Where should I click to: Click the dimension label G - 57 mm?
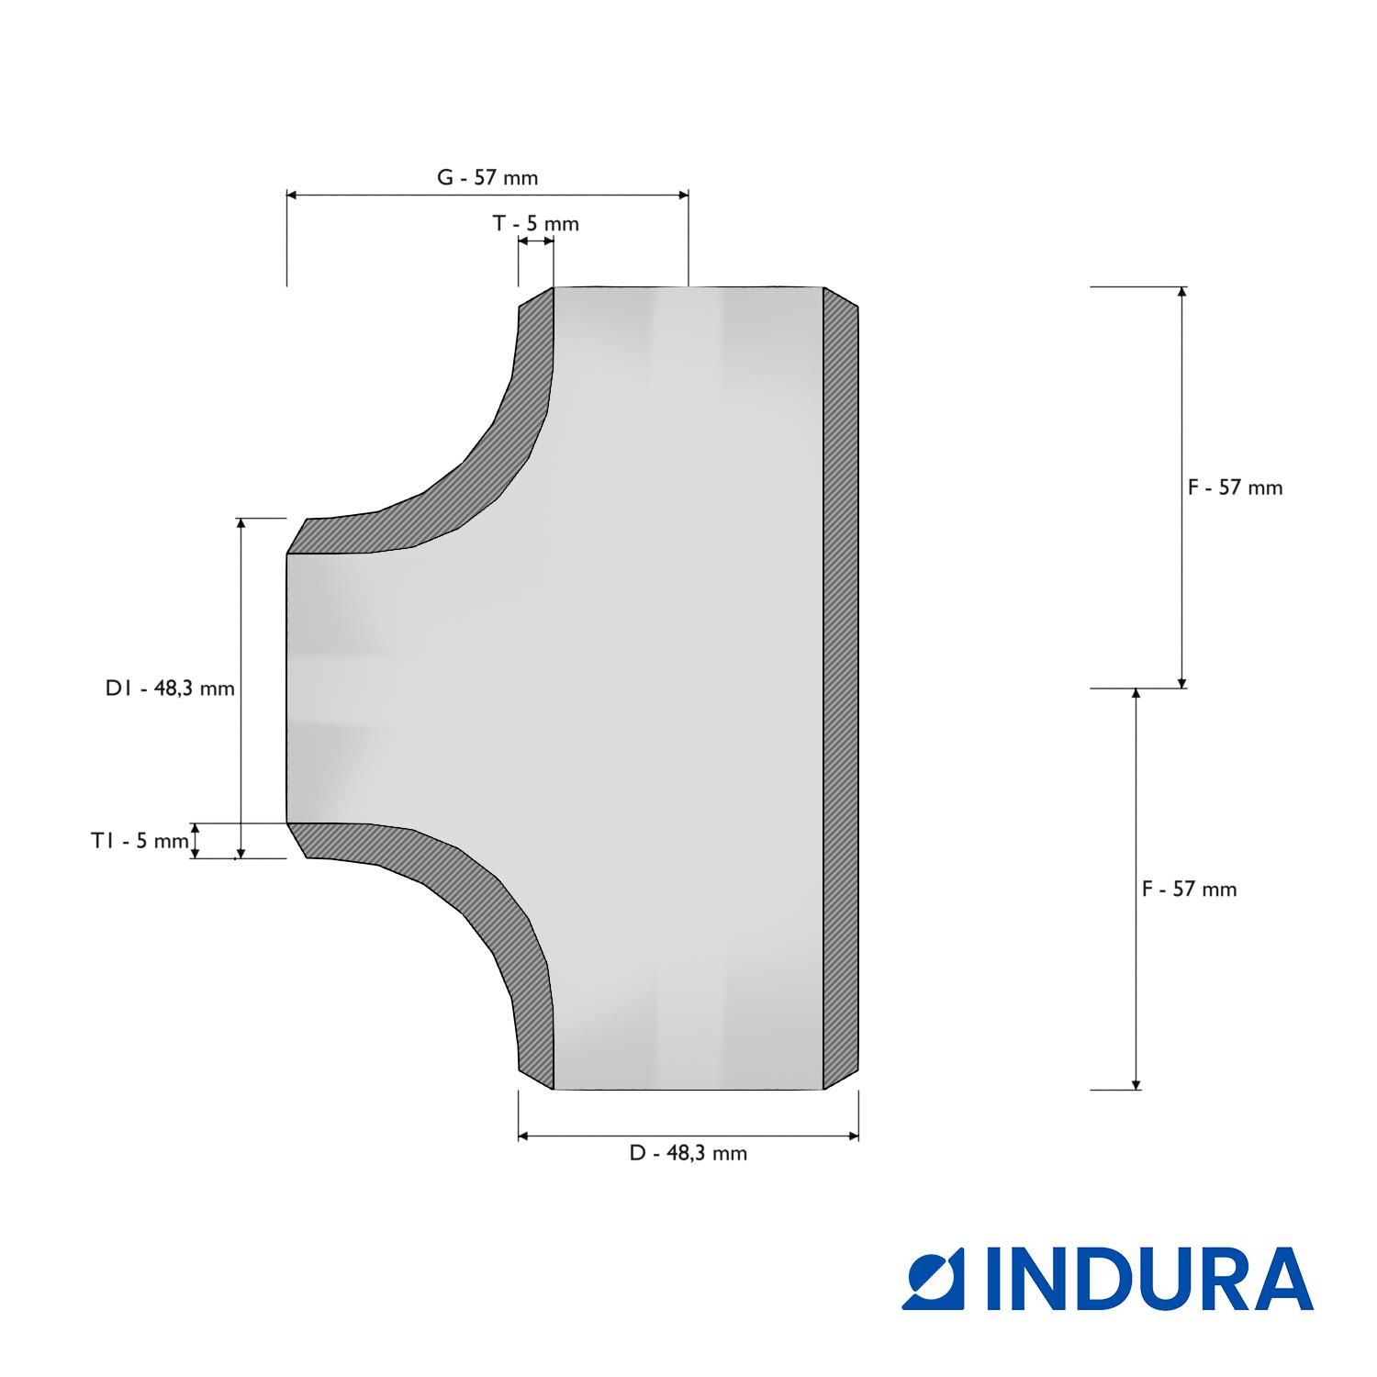pos(487,177)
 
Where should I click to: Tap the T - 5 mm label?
pos(536,223)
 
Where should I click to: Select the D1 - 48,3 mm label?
pos(170,688)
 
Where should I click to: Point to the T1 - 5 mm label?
pos(139,840)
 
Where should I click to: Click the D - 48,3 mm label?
pos(688,1153)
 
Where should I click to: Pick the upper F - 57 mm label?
pos(1235,487)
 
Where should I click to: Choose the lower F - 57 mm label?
pos(1189,889)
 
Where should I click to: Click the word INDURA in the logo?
pos(1149,1278)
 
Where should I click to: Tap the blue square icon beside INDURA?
pos(935,1278)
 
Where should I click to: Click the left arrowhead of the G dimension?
pos(292,195)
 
